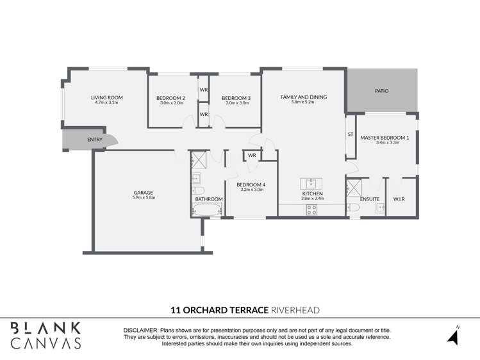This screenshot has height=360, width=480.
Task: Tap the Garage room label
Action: point(143,192)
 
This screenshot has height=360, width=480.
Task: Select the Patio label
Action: point(381,91)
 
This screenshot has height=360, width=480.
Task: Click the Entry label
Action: point(95,140)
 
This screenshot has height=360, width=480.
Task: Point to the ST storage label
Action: point(351,135)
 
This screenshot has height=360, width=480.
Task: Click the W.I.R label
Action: point(399,199)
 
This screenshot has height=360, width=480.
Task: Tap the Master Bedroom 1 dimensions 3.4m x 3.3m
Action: point(388,143)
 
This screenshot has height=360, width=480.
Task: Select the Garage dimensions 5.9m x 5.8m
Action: point(143,198)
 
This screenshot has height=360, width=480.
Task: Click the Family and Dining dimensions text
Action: point(303,102)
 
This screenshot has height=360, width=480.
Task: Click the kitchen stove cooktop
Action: point(312,208)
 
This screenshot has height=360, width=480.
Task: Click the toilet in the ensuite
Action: point(353,208)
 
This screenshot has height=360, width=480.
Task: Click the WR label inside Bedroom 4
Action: point(252,155)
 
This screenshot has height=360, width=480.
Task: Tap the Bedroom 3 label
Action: point(236,97)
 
